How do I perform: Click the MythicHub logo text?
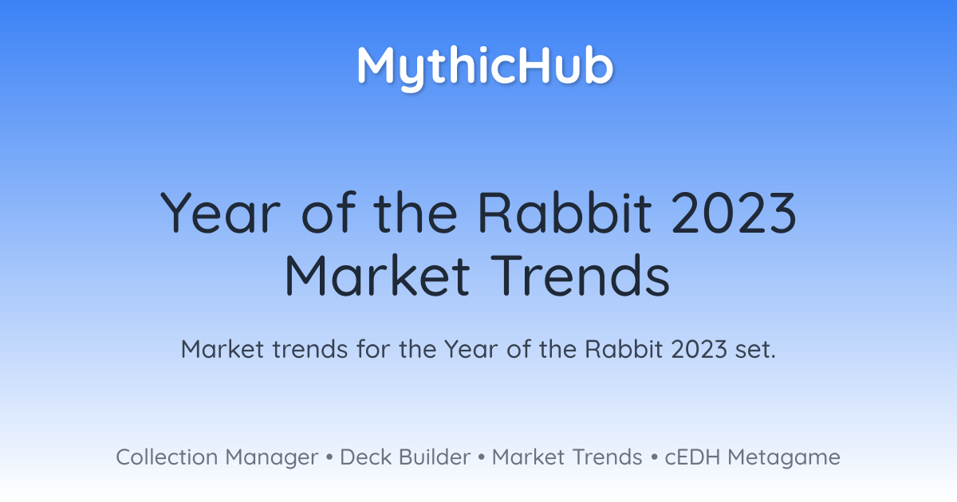point(485,69)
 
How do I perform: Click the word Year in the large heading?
point(220,213)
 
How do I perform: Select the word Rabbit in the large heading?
point(565,213)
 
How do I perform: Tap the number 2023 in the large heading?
point(734,213)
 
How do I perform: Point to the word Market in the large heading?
point(378,275)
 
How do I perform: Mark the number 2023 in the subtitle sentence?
point(699,349)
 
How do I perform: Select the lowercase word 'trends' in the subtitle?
point(310,349)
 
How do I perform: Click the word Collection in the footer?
point(167,457)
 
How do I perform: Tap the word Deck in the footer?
point(366,457)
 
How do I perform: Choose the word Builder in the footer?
point(435,457)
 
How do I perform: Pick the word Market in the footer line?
point(528,457)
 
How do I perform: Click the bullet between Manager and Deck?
point(329,457)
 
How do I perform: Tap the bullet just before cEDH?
point(654,457)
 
